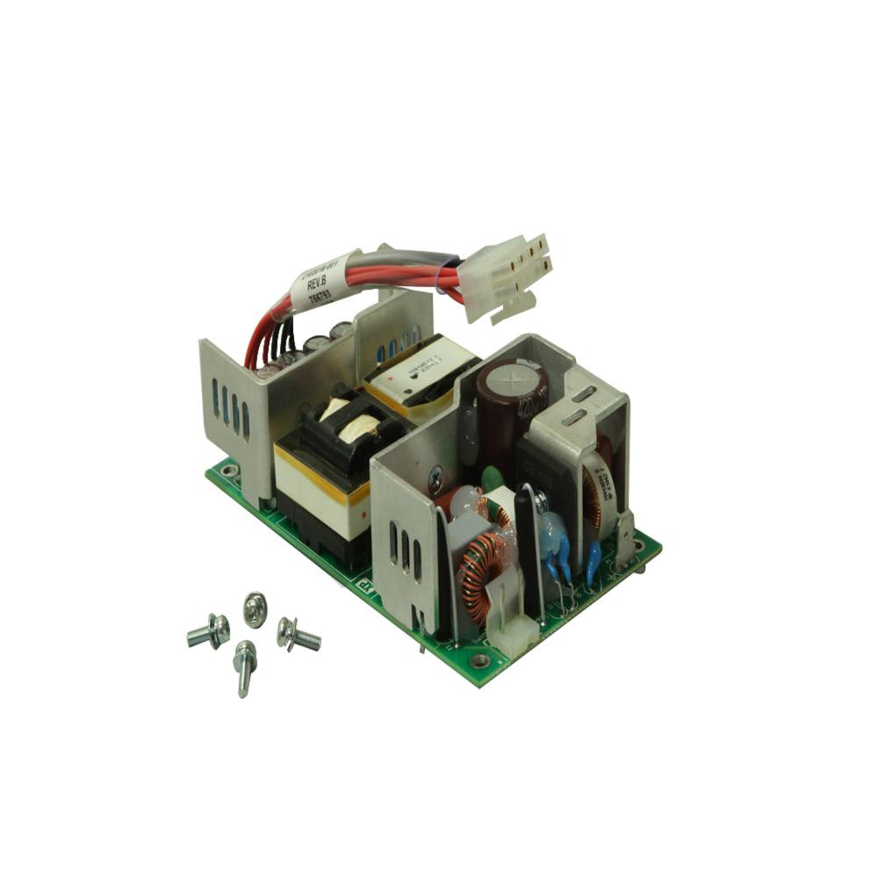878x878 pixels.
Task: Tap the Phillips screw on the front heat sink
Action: click(x=435, y=480)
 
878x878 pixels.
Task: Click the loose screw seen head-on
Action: click(x=255, y=608)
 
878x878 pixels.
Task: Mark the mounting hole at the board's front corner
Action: click(x=479, y=660)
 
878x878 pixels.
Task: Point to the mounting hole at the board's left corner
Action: click(x=229, y=471)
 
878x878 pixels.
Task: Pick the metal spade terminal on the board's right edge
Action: click(x=626, y=537)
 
